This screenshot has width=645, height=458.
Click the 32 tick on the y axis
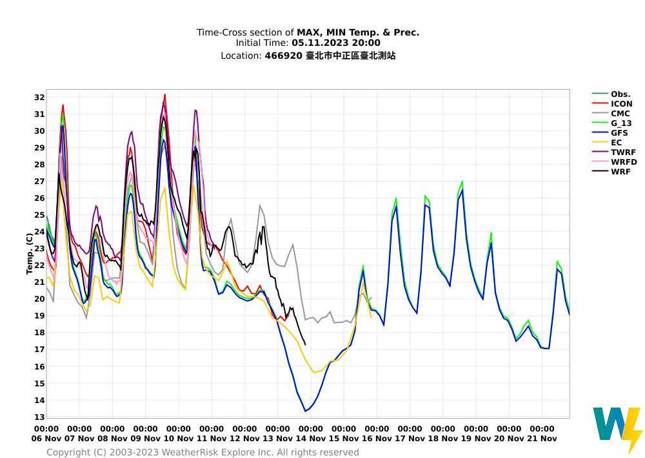(x=39, y=98)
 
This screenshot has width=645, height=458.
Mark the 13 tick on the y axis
(x=39, y=417)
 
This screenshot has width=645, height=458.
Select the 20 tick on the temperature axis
(x=39, y=299)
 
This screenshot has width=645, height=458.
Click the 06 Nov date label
(x=46, y=439)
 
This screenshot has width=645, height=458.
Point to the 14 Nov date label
(x=310, y=439)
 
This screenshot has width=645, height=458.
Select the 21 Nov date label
(x=541, y=439)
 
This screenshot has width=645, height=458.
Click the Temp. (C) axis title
(x=30, y=253)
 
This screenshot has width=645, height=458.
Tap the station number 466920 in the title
(x=283, y=56)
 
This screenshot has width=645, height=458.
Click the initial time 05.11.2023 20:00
(x=335, y=43)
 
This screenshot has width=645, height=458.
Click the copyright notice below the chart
(x=203, y=452)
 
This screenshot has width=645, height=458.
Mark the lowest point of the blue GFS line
(x=305, y=411)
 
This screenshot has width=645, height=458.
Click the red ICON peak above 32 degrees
(x=164, y=95)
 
